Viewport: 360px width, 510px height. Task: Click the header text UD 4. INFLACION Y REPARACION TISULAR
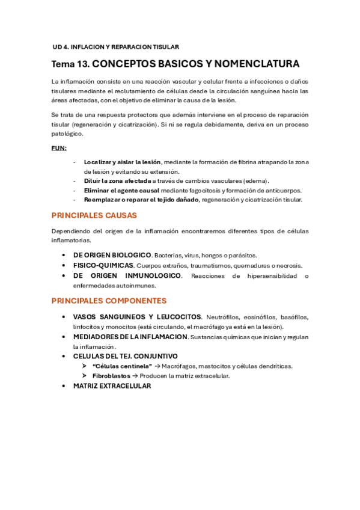click(x=116, y=46)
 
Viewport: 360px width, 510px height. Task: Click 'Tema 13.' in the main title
click(x=70, y=64)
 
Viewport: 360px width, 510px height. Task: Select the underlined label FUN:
click(x=59, y=148)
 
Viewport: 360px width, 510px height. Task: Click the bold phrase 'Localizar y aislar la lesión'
click(x=123, y=162)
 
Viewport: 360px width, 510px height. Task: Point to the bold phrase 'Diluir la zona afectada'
click(x=117, y=181)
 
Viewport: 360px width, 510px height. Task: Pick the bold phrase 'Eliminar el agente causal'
click(x=121, y=190)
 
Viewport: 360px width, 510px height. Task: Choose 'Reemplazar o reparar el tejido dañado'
click(x=141, y=200)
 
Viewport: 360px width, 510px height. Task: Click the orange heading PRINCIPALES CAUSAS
click(x=94, y=215)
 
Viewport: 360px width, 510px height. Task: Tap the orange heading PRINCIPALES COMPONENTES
click(x=109, y=301)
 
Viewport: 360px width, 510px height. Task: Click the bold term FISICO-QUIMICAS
click(x=103, y=265)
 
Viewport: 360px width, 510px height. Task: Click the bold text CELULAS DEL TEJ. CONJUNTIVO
click(x=125, y=356)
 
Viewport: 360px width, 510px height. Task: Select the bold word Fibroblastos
click(x=111, y=376)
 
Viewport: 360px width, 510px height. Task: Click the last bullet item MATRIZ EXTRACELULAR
click(x=112, y=386)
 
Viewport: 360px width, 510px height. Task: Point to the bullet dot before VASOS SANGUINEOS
click(x=64, y=316)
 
